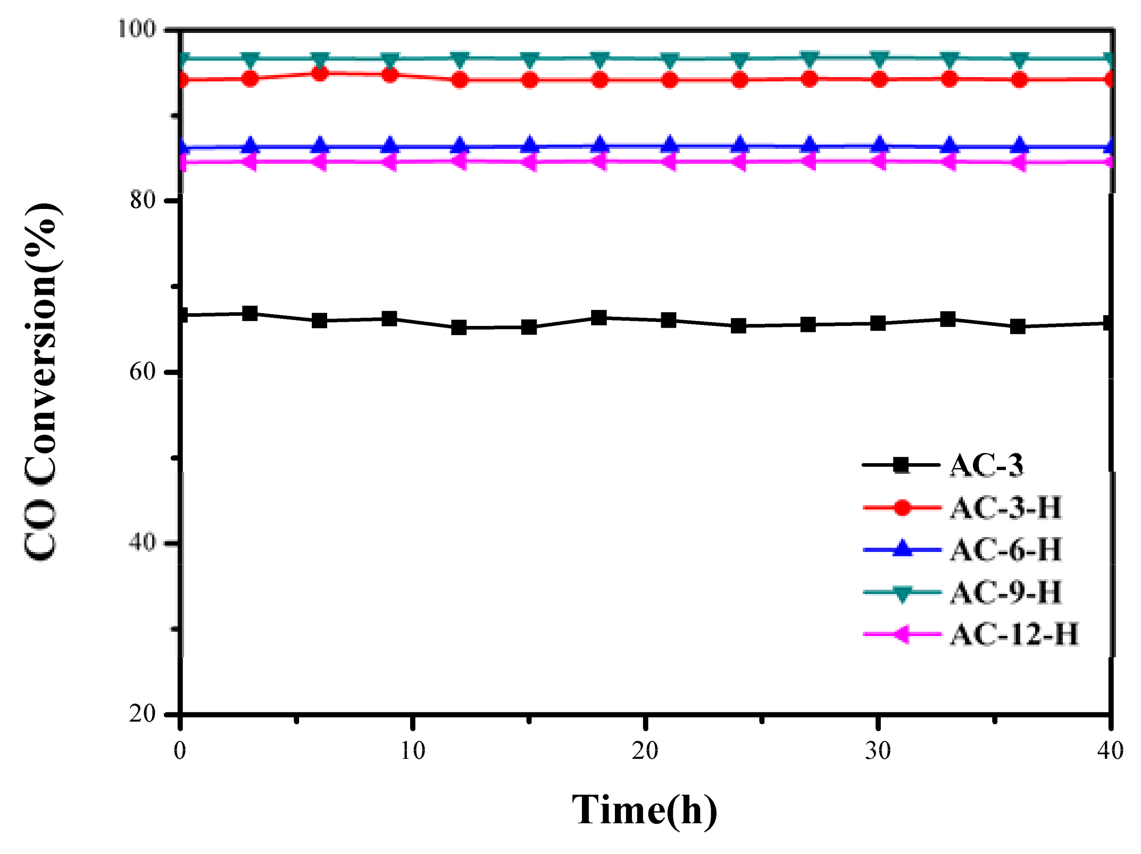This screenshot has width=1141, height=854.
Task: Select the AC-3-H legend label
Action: (x=1006, y=507)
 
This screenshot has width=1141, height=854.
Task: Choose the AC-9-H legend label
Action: (x=1006, y=592)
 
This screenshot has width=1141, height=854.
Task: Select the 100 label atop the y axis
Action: (x=136, y=29)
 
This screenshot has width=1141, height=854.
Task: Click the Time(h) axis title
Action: (x=645, y=810)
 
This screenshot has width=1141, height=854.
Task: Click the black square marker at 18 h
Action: (x=599, y=318)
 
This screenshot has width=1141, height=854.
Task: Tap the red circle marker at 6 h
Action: (x=320, y=73)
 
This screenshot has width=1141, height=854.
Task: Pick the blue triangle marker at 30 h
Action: (x=879, y=145)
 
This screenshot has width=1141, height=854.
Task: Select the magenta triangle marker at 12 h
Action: (x=459, y=161)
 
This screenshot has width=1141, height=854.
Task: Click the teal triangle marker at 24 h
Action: (x=739, y=59)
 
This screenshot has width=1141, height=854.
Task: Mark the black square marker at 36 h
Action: (x=1018, y=326)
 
